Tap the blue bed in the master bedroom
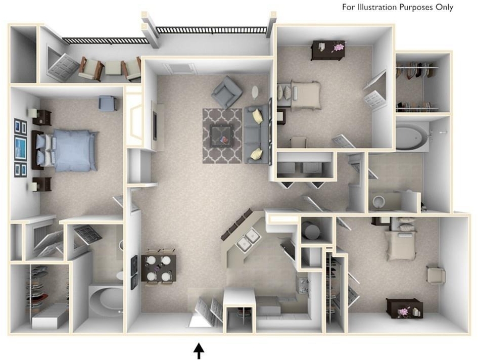tap(66, 150)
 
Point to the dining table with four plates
tap(159, 268)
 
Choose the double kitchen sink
tap(248, 239)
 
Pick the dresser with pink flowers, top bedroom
tap(328, 49)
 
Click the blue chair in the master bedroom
tap(107, 103)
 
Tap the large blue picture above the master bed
tap(21, 148)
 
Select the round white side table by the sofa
tap(256, 92)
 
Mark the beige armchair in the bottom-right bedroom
tap(436, 276)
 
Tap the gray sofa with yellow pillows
tap(256, 133)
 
